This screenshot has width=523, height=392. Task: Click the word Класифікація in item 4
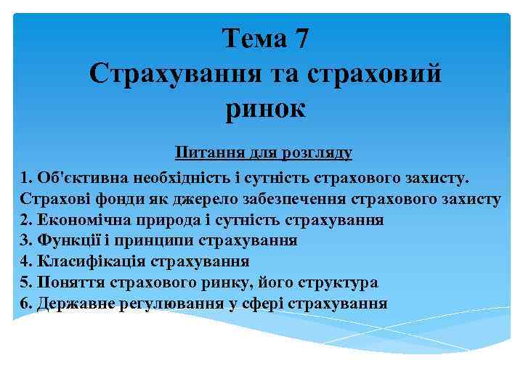(86, 261)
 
